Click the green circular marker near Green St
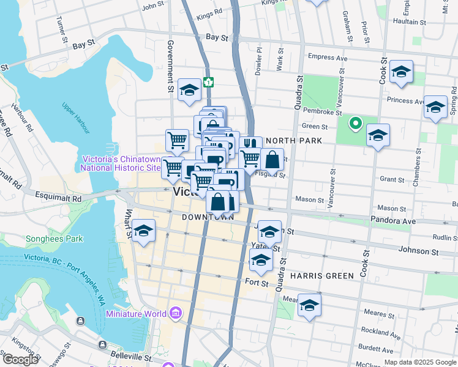tap(355, 124)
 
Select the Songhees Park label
tap(54, 239)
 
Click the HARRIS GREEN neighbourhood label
tap(322, 276)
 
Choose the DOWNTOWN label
tap(208, 217)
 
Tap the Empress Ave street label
tap(328, 58)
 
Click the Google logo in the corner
tap(20, 360)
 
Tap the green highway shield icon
tap(209, 81)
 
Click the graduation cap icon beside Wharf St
tap(143, 231)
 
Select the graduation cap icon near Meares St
tap(310, 305)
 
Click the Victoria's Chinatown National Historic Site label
tap(120, 163)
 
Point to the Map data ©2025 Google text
tap(421, 362)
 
